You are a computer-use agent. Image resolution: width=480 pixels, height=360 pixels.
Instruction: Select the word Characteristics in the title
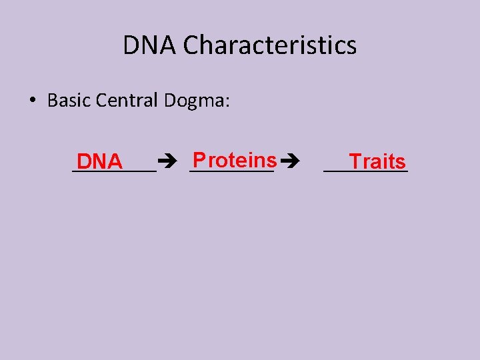pyautogui.click(x=270, y=46)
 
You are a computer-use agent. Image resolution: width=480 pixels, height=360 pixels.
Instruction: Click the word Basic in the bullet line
pyautogui.click(x=69, y=101)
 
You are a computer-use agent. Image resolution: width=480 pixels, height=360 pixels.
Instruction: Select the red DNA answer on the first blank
pyautogui.click(x=99, y=162)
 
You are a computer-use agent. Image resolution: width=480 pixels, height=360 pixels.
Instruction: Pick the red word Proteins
pyautogui.click(x=234, y=160)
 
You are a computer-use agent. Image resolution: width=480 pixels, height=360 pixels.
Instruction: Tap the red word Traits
pyautogui.click(x=377, y=162)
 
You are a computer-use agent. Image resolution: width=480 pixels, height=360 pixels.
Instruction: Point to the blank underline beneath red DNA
pyautogui.click(x=113, y=171)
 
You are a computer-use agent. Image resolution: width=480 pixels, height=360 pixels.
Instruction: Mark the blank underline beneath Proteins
pyautogui.click(x=231, y=171)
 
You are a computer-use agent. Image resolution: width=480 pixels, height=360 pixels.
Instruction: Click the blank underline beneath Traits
pyautogui.click(x=365, y=171)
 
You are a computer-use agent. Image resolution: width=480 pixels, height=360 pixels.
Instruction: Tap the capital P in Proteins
pyautogui.click(x=197, y=160)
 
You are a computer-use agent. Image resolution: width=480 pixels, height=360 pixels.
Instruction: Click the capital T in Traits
pyautogui.click(x=355, y=162)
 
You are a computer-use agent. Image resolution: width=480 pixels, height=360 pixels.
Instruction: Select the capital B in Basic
pyautogui.click(x=52, y=101)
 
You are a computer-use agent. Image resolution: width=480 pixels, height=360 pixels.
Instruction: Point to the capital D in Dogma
pyautogui.click(x=169, y=101)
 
